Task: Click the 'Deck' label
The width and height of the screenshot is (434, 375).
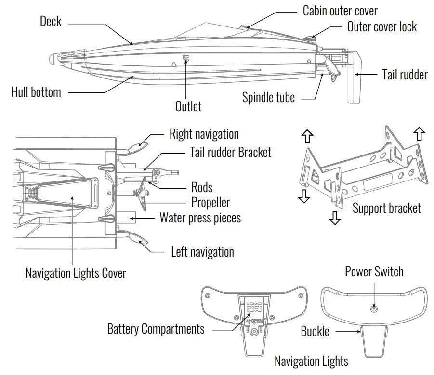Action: pos(51,21)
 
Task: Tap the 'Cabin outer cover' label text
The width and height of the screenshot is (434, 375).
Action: pos(340,11)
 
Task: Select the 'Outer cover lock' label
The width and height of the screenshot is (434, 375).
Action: pos(382,26)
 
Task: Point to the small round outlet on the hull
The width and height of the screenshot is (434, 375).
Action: pos(186,58)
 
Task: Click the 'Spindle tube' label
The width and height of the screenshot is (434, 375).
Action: pos(268,98)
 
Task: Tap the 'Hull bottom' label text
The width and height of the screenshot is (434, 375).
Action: pos(36,92)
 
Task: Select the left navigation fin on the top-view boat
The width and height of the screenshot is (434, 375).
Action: pos(139,237)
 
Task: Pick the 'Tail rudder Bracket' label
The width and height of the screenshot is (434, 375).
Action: pos(231,153)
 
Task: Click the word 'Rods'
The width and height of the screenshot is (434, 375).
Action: pos(202,187)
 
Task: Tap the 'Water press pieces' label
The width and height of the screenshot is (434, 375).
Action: pos(200,218)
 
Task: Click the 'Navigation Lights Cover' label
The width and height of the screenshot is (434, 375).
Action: pos(76,273)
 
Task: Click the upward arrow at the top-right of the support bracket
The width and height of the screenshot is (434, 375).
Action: pos(420,133)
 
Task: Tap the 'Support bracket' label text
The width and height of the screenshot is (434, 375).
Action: pos(387,208)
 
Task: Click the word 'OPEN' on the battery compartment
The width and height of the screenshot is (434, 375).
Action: pos(257,321)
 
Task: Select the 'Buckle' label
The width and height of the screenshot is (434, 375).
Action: pos(315,331)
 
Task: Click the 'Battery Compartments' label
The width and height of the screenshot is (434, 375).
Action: pos(156,329)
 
